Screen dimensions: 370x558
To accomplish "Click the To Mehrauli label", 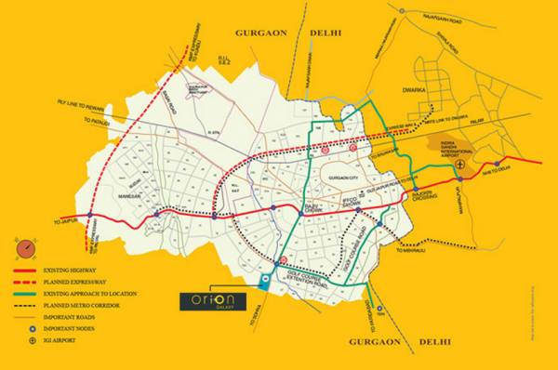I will coord(410,250).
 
